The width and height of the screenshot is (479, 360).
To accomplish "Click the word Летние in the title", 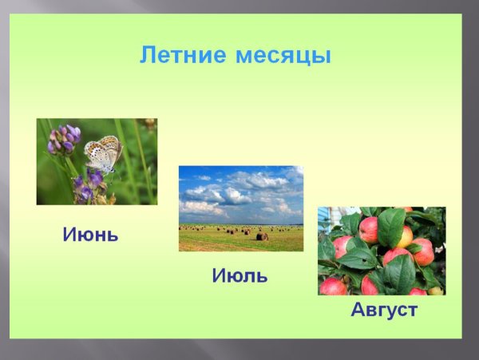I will point(184,56).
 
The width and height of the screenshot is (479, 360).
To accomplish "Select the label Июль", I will point(239,276).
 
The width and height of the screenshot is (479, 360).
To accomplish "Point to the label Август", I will point(384,310).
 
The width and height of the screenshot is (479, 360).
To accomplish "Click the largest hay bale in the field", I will point(261,236).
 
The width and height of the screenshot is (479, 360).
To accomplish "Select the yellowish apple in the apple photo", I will point(405,236).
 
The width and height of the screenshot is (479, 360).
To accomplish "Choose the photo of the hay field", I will point(240,208).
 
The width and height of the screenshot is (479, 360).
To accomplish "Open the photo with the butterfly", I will point(97,161).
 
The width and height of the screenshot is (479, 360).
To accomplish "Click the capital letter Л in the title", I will point(148,56).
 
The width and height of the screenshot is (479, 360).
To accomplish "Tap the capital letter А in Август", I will point(358,310).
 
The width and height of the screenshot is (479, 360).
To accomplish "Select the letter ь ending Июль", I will point(261,276).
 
